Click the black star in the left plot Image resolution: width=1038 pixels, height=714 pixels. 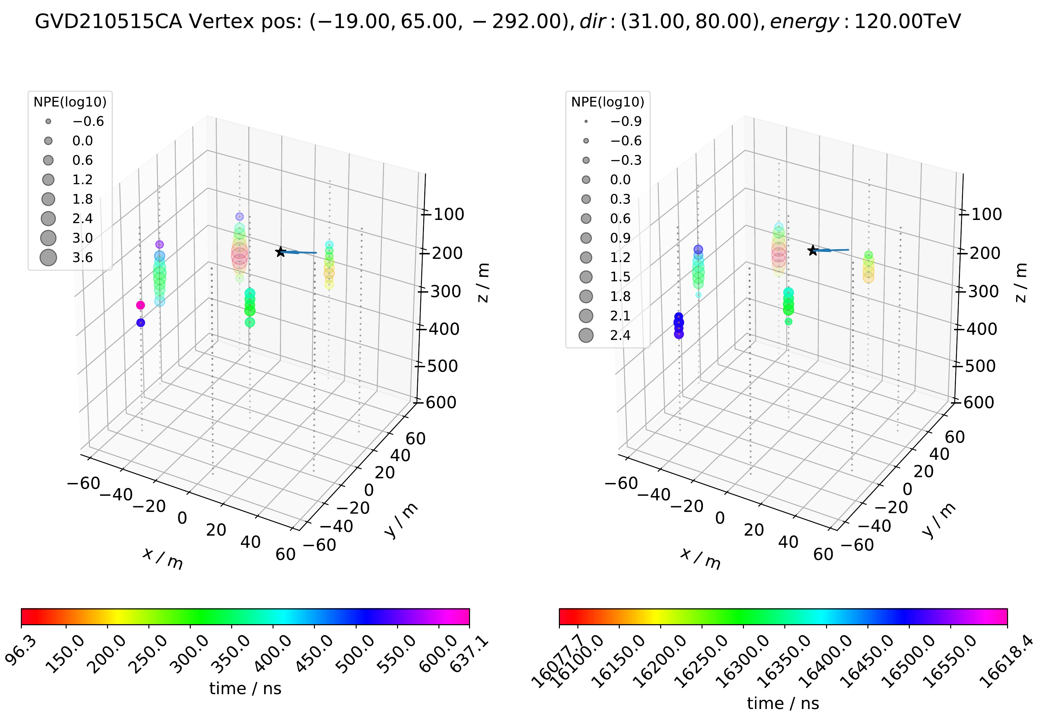(x=280, y=252)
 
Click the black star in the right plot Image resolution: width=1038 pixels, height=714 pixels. (x=813, y=251)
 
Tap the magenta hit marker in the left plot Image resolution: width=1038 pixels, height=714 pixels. (x=141, y=305)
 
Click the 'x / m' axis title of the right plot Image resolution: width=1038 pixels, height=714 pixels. (x=700, y=559)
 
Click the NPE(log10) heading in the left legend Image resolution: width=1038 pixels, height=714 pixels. (x=70, y=103)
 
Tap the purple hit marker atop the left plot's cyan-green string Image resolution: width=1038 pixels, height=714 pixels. (x=159, y=244)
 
